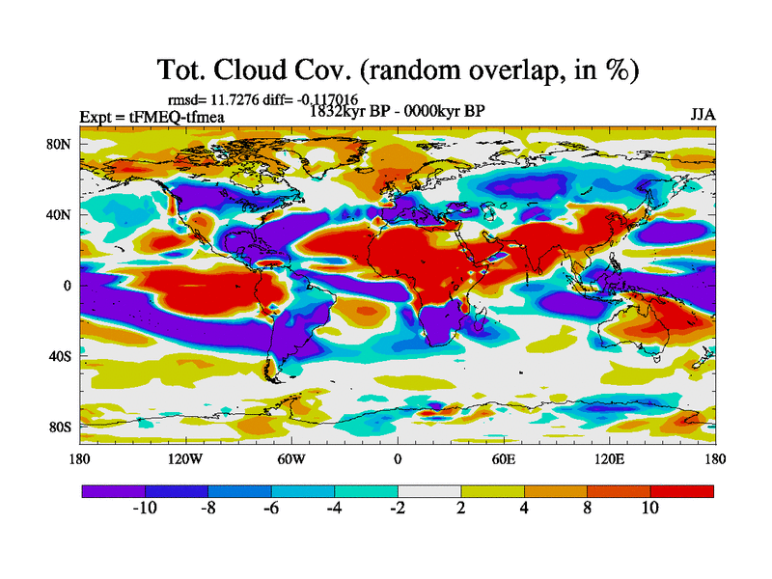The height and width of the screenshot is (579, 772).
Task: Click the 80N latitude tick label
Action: (61, 144)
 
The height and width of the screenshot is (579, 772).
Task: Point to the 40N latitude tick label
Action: (61, 214)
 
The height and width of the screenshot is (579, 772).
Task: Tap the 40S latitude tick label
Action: (61, 356)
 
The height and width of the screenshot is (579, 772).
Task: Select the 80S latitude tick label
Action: (61, 427)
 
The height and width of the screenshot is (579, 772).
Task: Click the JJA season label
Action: (702, 114)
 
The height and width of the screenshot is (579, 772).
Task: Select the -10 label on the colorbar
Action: (145, 509)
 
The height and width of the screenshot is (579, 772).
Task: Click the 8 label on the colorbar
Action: (588, 509)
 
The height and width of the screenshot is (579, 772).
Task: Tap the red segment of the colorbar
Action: (682, 491)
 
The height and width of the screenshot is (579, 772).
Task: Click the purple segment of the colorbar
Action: (113, 491)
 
